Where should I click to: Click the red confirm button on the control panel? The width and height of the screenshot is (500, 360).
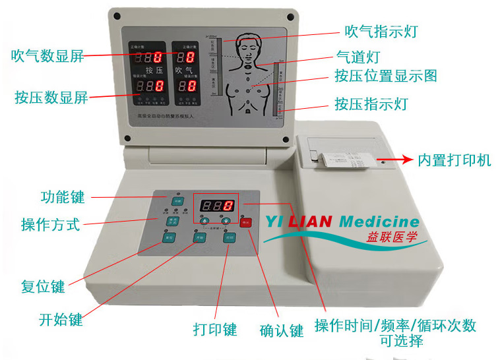pos(245,223)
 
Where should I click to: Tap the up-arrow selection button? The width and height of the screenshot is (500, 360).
pos(205,221)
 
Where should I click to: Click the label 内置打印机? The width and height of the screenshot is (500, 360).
pos(454,160)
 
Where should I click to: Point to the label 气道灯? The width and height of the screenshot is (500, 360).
pos(358,57)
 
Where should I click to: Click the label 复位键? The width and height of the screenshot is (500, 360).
pos(43,287)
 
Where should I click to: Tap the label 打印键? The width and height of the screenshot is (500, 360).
pos(215,328)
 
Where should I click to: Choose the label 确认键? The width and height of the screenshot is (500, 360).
pos(282,329)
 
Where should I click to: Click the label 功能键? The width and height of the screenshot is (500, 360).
pos(62,196)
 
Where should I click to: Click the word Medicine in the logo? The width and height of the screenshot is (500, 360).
pos(379,222)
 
